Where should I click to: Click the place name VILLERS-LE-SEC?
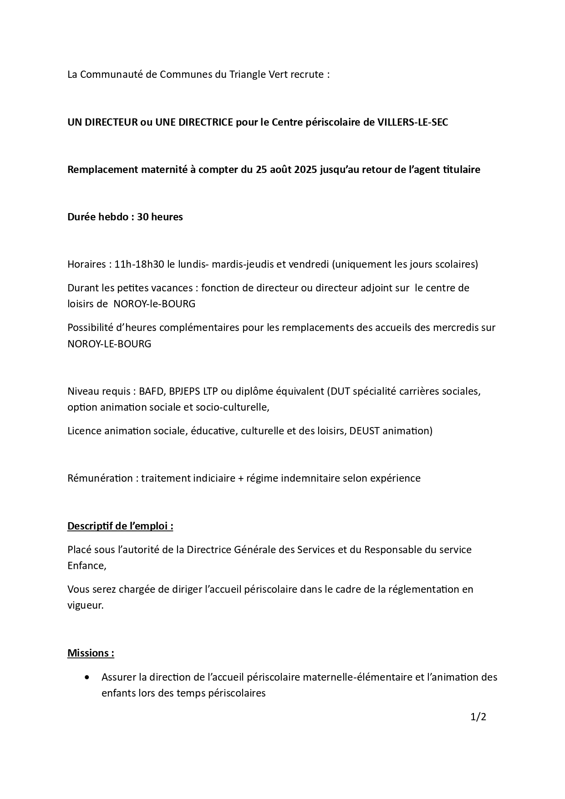click(x=413, y=122)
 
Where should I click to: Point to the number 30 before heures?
click(x=143, y=217)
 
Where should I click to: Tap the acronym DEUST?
click(x=364, y=431)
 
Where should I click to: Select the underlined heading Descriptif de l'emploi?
click(x=120, y=526)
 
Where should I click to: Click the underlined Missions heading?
click(x=91, y=653)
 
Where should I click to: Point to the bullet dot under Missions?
click(x=87, y=677)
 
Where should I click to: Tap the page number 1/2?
click(x=478, y=717)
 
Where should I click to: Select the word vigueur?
click(x=85, y=606)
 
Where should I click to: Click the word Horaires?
click(x=87, y=264)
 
